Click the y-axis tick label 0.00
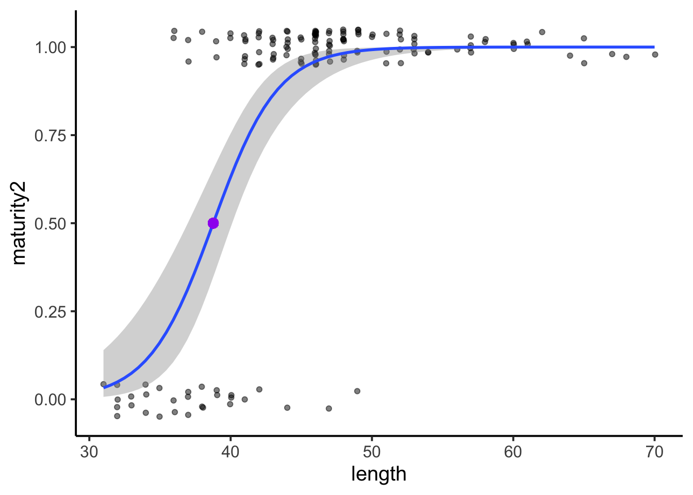coord(51,400)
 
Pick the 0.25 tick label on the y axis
coord(51,311)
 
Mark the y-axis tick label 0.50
coord(51,224)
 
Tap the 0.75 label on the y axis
coord(51,136)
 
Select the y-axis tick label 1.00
coord(51,47)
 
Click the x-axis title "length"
coord(378,474)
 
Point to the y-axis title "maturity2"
coord(19,223)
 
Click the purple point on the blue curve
coord(213,223)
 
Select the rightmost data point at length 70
coord(655,55)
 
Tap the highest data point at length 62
coord(542,32)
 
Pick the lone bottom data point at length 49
coord(357,391)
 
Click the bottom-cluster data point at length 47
coord(329,408)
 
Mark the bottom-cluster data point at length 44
coord(287,408)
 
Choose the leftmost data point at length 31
coord(103,384)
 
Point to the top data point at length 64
coord(570,56)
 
